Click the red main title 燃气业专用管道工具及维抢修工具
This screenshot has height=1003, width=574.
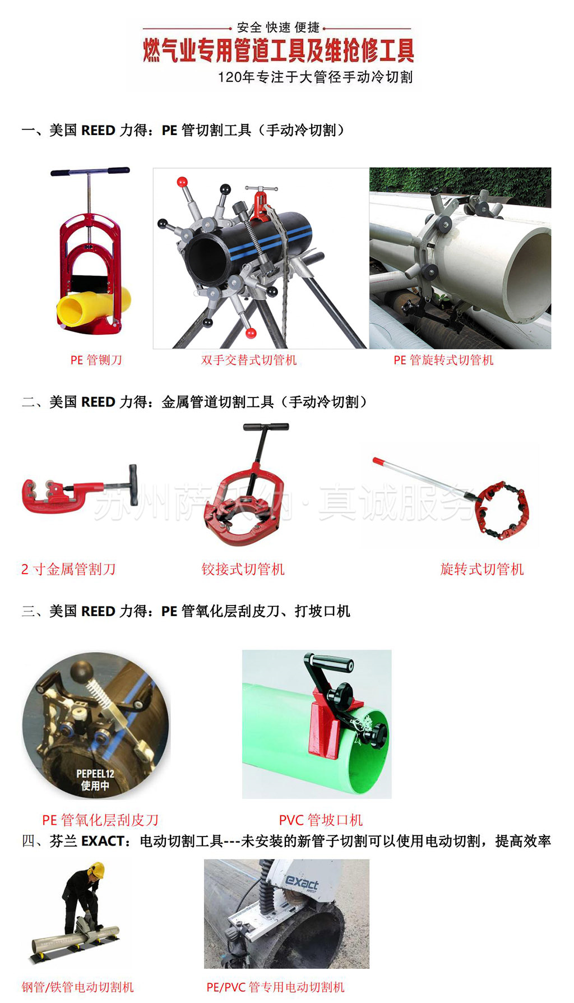[279, 50]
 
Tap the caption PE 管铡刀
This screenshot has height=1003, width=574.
[96, 360]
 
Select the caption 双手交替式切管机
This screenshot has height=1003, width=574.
[249, 360]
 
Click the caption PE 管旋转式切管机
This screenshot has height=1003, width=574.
[443, 360]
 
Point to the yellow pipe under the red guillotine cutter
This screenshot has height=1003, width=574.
[93, 307]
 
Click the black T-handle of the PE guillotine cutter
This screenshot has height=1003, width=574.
[90, 172]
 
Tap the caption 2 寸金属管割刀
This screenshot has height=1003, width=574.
[68, 570]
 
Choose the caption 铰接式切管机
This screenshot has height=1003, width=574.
[243, 570]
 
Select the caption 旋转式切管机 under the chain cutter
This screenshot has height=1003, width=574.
[482, 570]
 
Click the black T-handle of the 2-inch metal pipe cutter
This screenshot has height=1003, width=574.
[132, 485]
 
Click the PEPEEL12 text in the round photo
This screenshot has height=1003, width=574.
[95, 774]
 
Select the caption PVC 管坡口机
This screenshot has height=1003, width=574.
[321, 820]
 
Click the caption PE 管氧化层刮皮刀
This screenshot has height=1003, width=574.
[100, 820]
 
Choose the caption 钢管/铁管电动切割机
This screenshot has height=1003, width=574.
[77, 987]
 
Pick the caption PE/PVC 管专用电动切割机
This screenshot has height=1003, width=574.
[275, 987]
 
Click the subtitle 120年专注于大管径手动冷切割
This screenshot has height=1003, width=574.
[315, 77]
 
